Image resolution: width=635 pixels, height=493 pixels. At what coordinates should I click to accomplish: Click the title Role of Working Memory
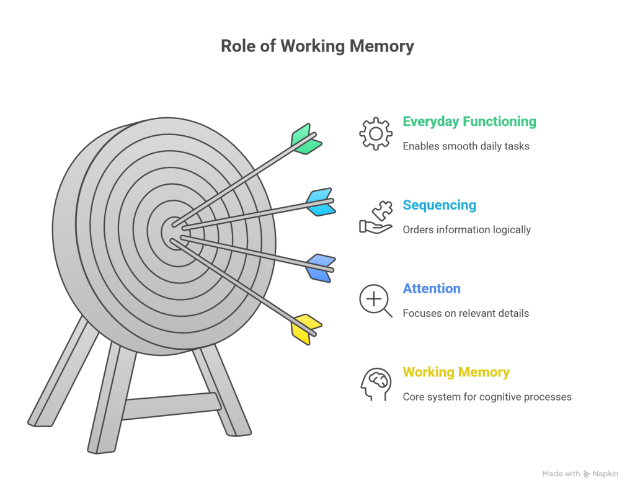click(317, 47)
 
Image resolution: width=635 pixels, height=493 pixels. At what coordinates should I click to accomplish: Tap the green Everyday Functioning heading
click(469, 122)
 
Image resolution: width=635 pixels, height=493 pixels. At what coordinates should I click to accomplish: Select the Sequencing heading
click(439, 205)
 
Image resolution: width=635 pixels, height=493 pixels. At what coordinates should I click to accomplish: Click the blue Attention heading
click(432, 288)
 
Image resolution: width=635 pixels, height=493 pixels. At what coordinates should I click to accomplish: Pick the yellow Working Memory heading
click(456, 372)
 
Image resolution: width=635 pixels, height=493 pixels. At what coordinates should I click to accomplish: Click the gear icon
click(376, 133)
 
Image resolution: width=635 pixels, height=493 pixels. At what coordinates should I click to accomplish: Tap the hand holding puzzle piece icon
click(376, 217)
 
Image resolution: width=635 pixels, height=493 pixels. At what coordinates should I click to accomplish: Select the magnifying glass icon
click(376, 301)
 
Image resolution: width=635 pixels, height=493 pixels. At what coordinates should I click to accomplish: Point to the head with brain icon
click(376, 384)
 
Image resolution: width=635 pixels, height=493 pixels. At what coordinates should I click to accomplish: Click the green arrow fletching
click(306, 140)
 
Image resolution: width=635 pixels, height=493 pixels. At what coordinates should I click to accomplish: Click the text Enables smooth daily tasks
click(466, 146)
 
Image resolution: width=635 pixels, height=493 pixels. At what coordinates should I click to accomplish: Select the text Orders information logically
click(466, 230)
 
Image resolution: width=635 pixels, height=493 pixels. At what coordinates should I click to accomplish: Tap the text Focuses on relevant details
click(466, 313)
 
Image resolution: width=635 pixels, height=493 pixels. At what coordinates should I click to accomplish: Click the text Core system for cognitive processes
click(487, 397)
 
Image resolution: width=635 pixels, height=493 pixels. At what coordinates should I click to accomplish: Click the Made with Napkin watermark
click(580, 474)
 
